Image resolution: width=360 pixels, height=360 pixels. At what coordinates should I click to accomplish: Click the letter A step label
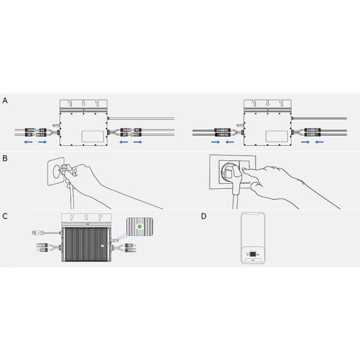point(5,101)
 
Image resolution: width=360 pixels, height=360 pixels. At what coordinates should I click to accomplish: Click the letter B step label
point(5,158)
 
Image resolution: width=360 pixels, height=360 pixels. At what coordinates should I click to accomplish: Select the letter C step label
point(5,216)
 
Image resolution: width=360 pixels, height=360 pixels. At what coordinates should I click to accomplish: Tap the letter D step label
point(203,216)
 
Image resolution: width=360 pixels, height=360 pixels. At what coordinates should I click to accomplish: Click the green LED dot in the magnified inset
point(139,227)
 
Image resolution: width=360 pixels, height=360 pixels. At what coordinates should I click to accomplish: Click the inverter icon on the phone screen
point(253,254)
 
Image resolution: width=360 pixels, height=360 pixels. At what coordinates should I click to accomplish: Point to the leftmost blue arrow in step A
point(28,142)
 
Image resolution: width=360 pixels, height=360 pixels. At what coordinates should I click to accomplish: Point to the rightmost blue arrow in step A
point(319,142)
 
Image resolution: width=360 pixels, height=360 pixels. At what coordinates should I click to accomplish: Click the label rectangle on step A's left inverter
point(93,136)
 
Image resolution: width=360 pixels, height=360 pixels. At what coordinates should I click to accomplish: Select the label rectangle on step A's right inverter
point(277,136)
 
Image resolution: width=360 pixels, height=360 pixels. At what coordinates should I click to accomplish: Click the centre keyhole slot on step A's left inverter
point(83,103)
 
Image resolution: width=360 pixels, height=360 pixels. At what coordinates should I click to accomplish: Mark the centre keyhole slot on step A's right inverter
point(267,103)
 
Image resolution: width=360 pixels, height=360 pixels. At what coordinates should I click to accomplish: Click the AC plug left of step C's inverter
point(38,233)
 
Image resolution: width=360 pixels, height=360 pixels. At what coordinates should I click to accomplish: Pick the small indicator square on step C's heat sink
point(103,246)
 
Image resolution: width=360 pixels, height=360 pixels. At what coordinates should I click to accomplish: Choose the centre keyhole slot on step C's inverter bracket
point(86,217)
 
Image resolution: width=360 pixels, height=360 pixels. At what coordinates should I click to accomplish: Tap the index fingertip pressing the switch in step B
point(244,169)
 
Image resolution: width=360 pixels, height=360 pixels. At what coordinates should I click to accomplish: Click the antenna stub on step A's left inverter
point(56,125)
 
